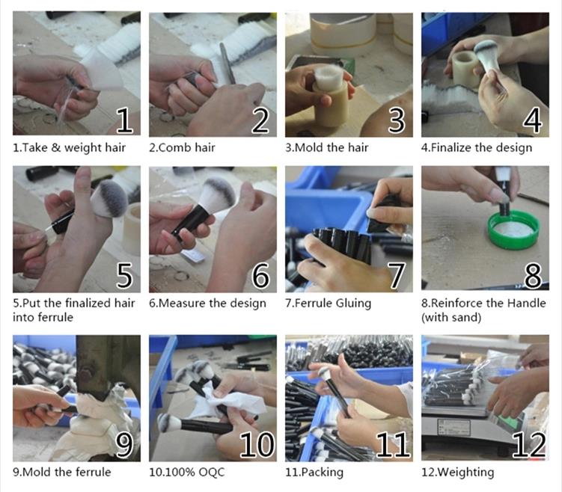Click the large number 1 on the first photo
(x=124, y=120)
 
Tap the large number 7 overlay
(x=397, y=275)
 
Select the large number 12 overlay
(x=529, y=445)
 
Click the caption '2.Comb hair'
(x=182, y=147)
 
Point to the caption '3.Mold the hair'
(x=326, y=147)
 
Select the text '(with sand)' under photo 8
(x=451, y=317)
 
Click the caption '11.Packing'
(x=314, y=473)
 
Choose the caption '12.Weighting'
(x=457, y=473)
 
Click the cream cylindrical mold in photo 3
(x=330, y=104)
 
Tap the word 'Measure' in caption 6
(x=182, y=304)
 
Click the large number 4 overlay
(x=532, y=120)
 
